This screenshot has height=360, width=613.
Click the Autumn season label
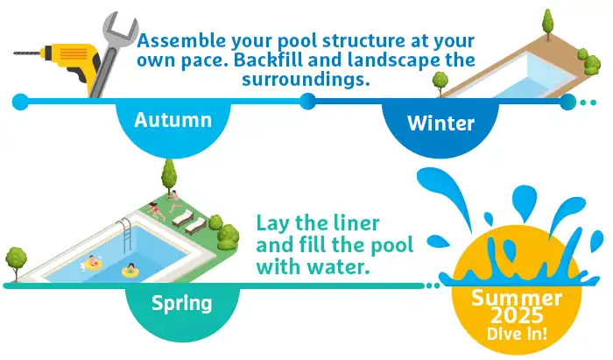click(x=173, y=120)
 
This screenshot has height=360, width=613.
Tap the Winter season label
click(x=440, y=124)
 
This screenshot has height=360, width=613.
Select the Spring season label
click(x=182, y=303)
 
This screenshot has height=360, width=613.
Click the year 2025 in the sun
click(x=517, y=316)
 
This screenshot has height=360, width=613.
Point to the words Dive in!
click(x=517, y=334)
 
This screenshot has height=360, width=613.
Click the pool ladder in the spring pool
click(x=124, y=235)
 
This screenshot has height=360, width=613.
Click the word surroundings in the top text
click(x=306, y=80)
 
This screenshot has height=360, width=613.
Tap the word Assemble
click(x=181, y=40)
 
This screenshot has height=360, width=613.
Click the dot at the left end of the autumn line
click(x=20, y=102)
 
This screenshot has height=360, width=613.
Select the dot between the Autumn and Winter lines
click(x=307, y=102)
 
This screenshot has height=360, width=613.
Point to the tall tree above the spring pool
click(x=169, y=176)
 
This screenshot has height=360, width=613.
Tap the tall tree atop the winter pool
click(x=548, y=24)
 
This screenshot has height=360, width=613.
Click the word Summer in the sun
click(x=517, y=298)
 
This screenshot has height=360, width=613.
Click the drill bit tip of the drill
click(x=15, y=53)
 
